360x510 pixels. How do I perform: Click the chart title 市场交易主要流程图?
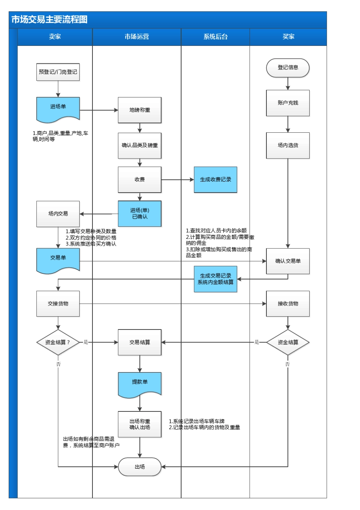click(x=50, y=20)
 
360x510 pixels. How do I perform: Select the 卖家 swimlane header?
click(x=55, y=37)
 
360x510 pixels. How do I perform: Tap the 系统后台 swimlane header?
click(x=215, y=37)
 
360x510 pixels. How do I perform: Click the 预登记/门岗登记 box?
click(x=58, y=72)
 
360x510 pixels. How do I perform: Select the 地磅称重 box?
click(x=139, y=110)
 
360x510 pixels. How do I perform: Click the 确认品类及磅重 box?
click(x=139, y=146)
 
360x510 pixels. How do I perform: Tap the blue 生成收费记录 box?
click(x=215, y=180)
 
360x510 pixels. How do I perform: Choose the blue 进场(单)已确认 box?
click(x=139, y=213)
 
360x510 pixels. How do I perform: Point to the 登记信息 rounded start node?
click(x=288, y=68)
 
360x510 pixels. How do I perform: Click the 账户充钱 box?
click(x=288, y=103)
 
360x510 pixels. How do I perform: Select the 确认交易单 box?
click(x=288, y=261)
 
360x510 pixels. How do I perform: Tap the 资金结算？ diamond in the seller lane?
click(x=58, y=342)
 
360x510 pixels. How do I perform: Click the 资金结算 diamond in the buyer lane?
click(x=288, y=342)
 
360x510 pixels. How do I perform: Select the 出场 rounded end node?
click(x=139, y=467)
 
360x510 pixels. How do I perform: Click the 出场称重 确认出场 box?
click(x=139, y=424)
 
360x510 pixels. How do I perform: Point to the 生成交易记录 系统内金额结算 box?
click(x=215, y=279)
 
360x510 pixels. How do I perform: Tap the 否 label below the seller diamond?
click(x=58, y=364)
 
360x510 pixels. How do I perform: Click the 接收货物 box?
click(x=288, y=304)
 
